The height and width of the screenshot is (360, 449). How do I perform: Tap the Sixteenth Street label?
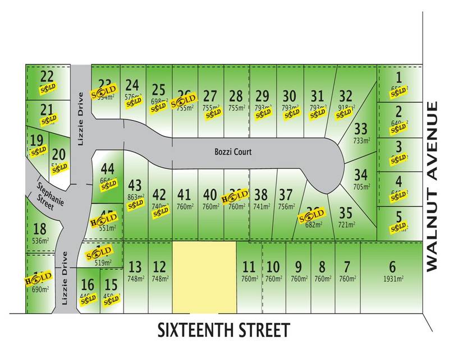coord(224,329)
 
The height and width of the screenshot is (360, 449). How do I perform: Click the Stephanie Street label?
coord(44,195)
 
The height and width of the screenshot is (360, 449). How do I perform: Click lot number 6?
coord(392,267)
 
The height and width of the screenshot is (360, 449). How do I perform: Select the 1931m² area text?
coord(392,279)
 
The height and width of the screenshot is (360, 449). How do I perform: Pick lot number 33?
coord(361,130)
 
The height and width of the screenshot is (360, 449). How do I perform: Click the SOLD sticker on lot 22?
coord(47,88)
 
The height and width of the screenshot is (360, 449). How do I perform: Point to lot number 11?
coord(249,267)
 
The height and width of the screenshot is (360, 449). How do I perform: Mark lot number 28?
coord(236,95)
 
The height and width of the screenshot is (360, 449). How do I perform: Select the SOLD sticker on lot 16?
coord(88,300)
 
